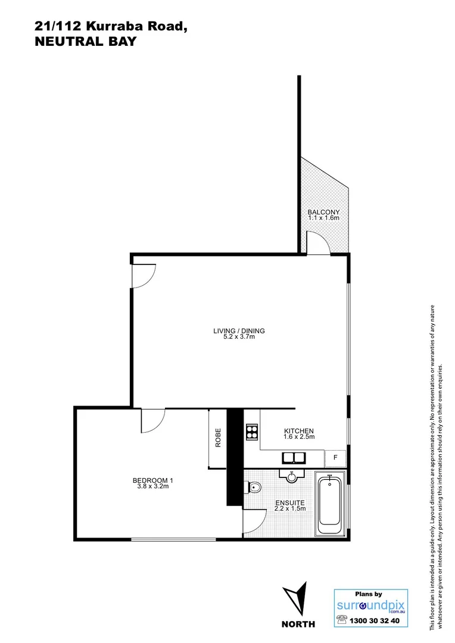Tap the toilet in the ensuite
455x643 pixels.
point(254,488)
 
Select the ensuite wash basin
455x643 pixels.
point(292,476)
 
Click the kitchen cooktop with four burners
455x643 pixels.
point(251,432)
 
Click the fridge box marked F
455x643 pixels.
point(335,458)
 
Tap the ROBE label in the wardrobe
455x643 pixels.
point(219,438)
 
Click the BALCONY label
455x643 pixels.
point(323,212)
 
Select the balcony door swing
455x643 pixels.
point(317,242)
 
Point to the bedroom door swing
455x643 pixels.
point(152,420)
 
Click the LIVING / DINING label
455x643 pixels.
point(239,331)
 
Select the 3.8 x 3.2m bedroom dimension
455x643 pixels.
point(152,486)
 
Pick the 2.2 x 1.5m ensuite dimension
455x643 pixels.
point(290,508)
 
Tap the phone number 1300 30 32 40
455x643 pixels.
point(376,620)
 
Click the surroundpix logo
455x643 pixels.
point(370,606)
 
